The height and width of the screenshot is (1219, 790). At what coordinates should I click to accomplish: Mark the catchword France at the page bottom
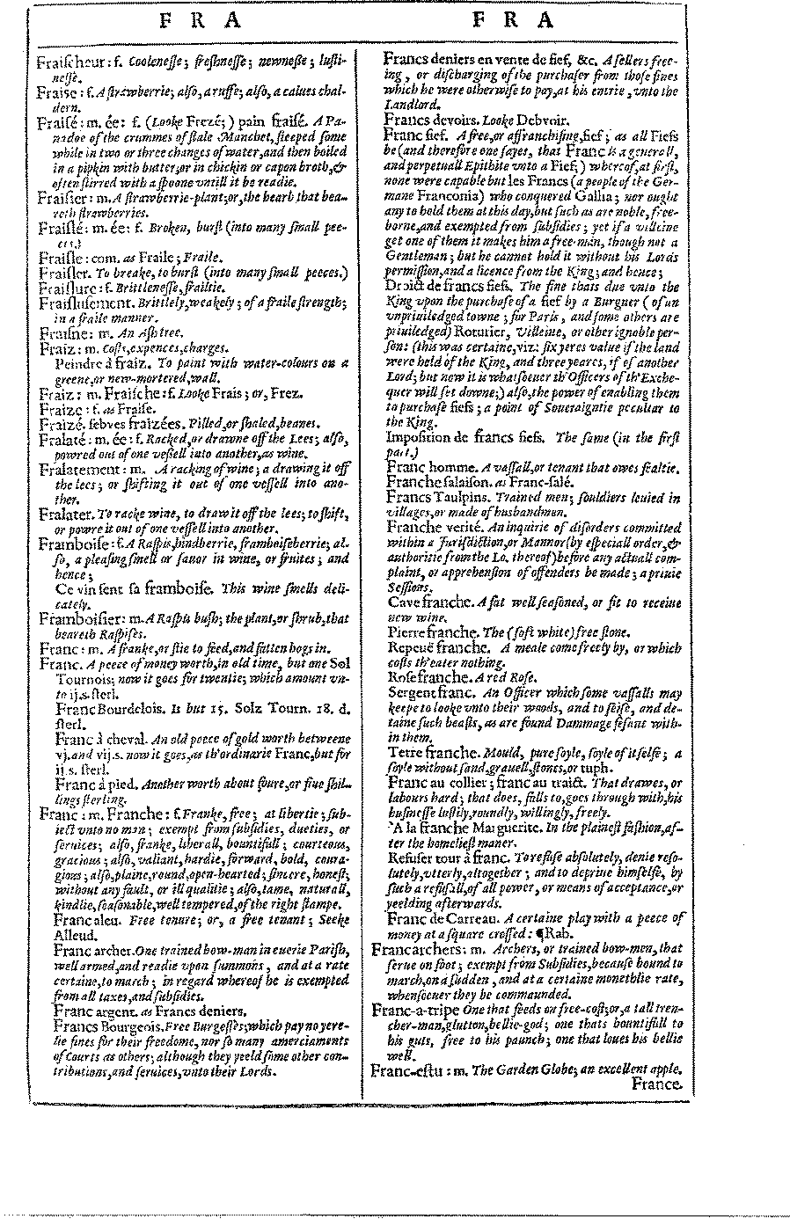656,1084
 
